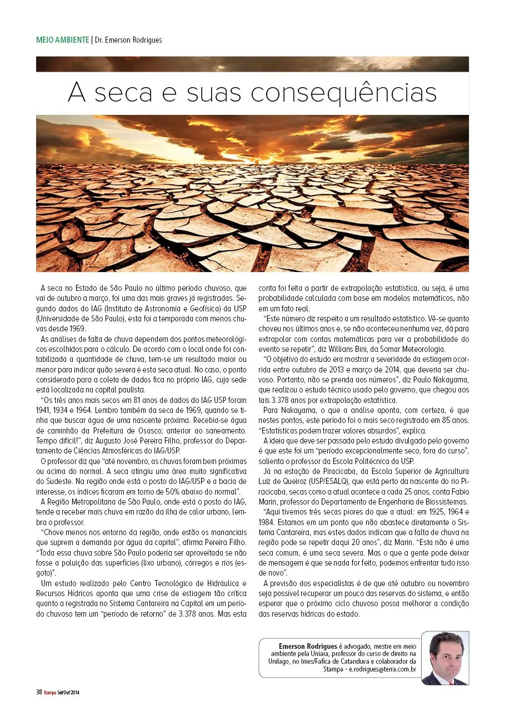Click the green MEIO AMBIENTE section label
tap(62, 40)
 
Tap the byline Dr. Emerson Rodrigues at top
tap(128, 40)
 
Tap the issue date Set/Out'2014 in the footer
tap(69, 692)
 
